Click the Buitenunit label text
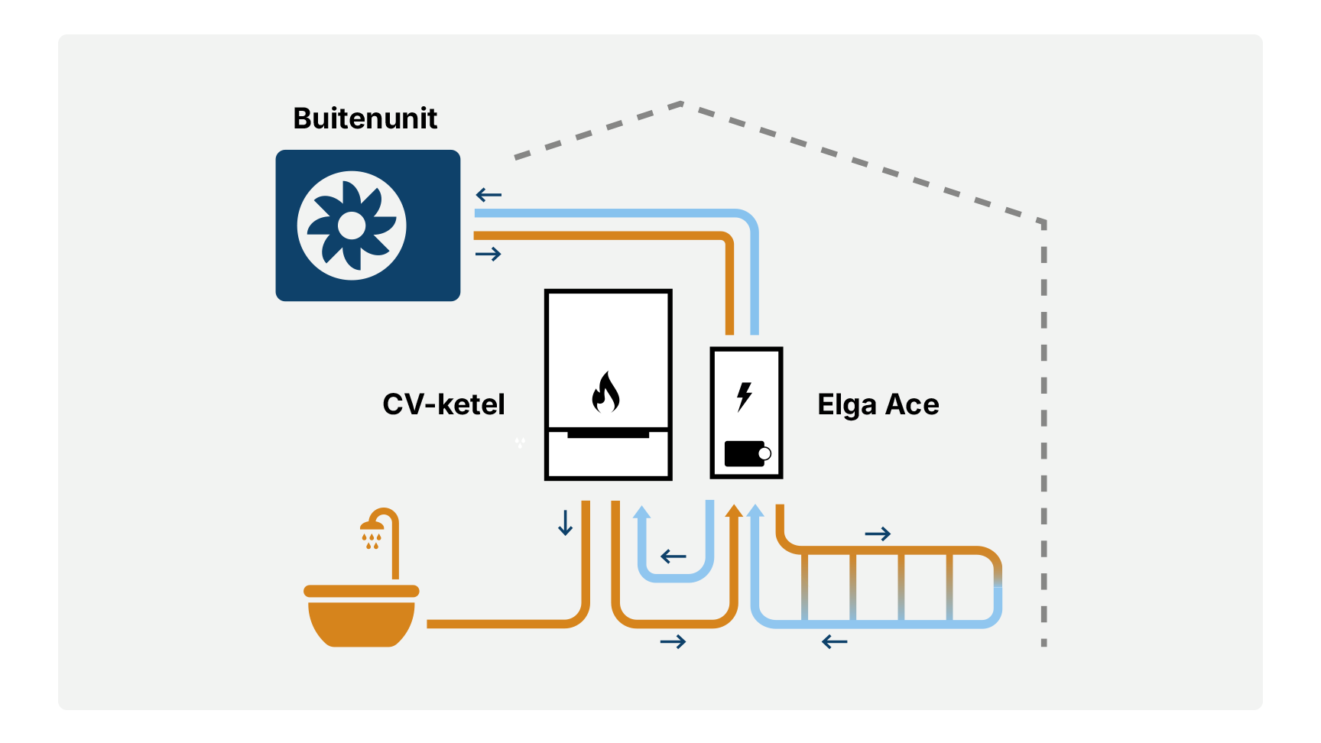tap(365, 118)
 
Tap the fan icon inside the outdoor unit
tap(352, 225)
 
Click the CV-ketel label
tap(443, 404)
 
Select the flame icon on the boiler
tap(605, 392)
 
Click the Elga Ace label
tap(878, 404)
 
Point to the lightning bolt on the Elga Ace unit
tap(744, 397)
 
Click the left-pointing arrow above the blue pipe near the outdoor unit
tap(488, 195)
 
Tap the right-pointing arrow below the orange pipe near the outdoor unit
tap(488, 254)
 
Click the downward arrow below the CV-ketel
tap(565, 523)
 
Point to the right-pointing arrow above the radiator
tap(878, 534)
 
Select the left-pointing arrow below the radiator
tap(834, 642)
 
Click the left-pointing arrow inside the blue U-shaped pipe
tap(673, 556)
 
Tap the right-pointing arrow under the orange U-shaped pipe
tap(673, 641)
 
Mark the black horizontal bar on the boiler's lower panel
tap(608, 434)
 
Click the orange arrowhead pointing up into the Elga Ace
tap(734, 511)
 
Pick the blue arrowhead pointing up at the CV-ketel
tap(642, 512)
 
